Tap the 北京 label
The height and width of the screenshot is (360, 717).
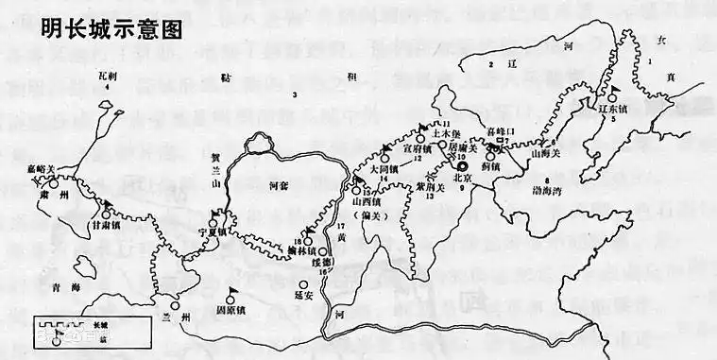[462, 177]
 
